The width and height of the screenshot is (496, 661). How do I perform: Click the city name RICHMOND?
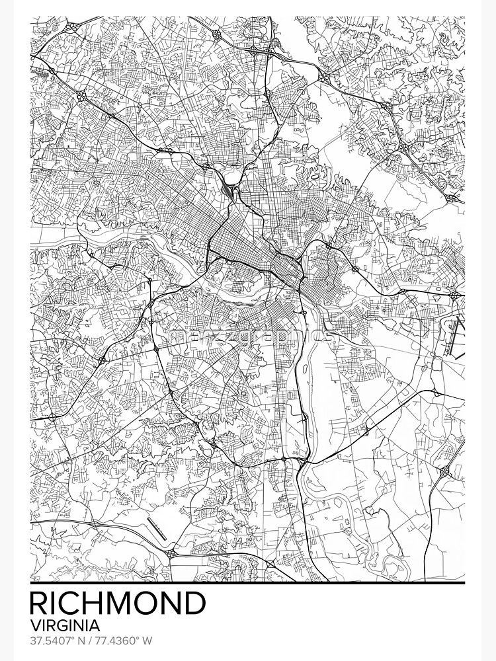click(118, 603)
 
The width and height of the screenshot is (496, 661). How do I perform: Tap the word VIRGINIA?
click(65, 625)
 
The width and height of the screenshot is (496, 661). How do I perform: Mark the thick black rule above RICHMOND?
click(247, 583)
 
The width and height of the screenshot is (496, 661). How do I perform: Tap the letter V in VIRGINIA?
click(35, 625)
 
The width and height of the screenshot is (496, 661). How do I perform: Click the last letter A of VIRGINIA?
click(95, 625)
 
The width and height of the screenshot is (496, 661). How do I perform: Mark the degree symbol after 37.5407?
click(75, 639)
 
